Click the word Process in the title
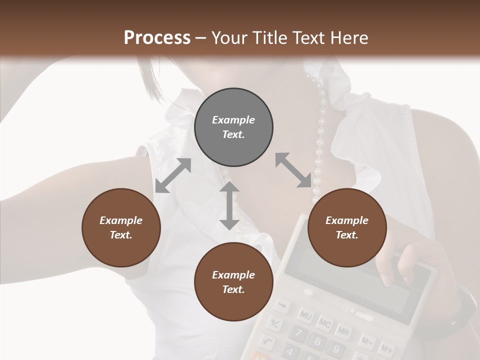[x=157, y=37]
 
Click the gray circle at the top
[x=233, y=127]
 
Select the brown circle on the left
[x=121, y=227]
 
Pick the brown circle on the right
[x=346, y=227]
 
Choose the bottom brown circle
[x=233, y=282]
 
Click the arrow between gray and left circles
[x=173, y=175]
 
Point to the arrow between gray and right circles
[x=293, y=170]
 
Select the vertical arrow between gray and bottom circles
[x=229, y=205]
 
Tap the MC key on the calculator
[x=324, y=323]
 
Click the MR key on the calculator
[x=343, y=331]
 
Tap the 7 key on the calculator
[x=297, y=333]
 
